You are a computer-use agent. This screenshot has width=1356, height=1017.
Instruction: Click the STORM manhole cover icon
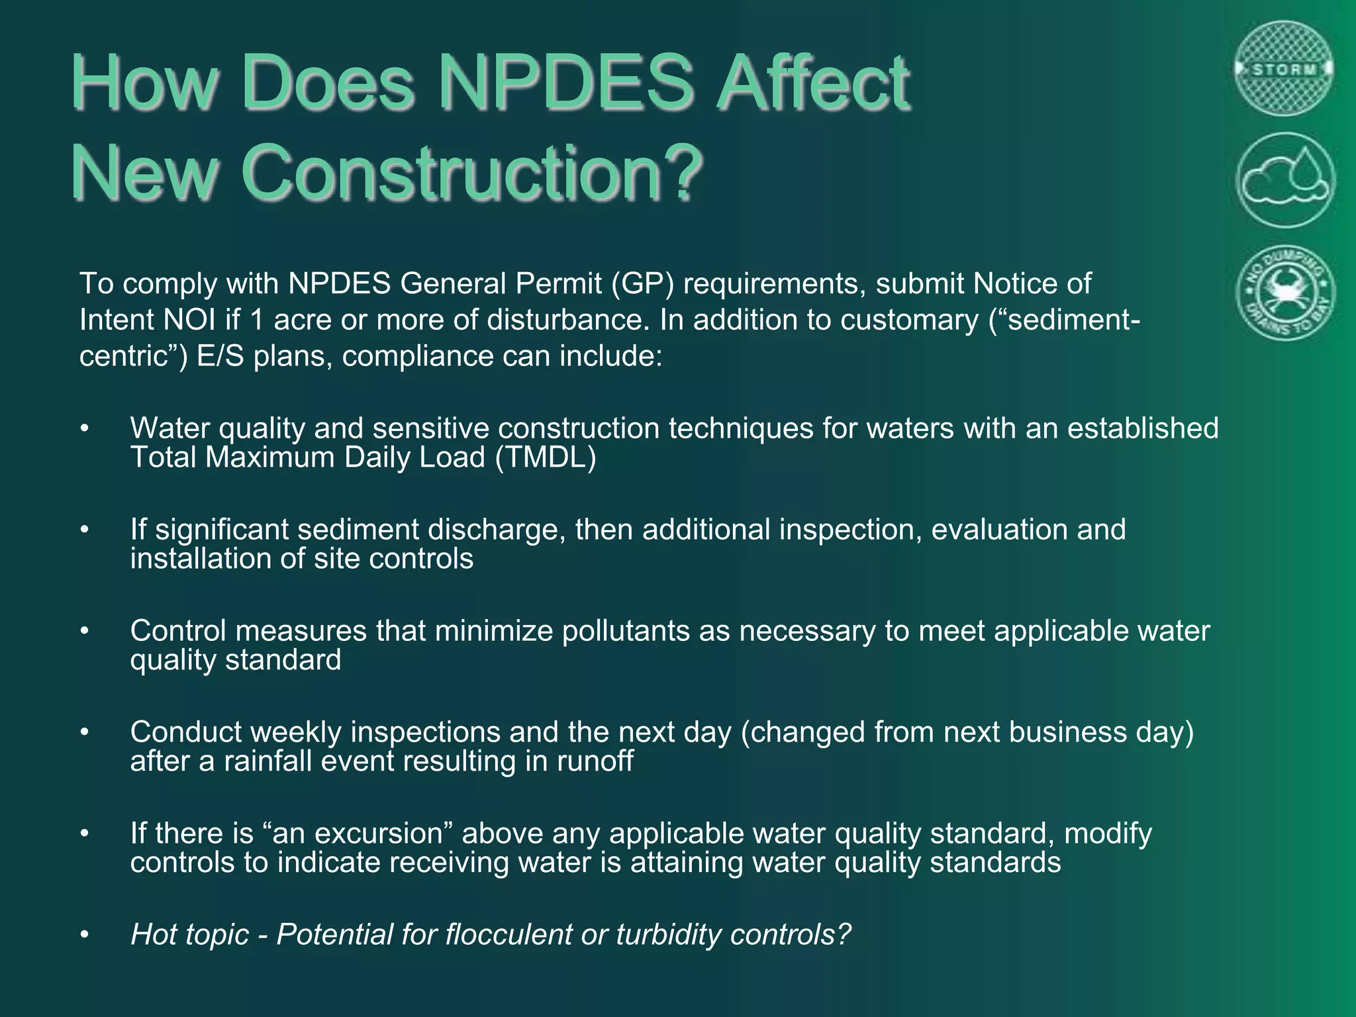(x=1284, y=69)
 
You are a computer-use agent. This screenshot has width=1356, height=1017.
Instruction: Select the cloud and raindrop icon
(x=1284, y=181)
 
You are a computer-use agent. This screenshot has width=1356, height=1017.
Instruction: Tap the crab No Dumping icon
(x=1284, y=293)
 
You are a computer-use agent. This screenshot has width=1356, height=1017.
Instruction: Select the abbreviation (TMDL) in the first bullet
(x=545, y=458)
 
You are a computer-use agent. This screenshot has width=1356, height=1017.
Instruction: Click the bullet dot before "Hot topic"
(x=84, y=935)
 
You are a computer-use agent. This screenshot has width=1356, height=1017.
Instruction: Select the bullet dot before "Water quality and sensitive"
(x=84, y=429)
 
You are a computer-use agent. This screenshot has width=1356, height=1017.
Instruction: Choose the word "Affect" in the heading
(x=814, y=84)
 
